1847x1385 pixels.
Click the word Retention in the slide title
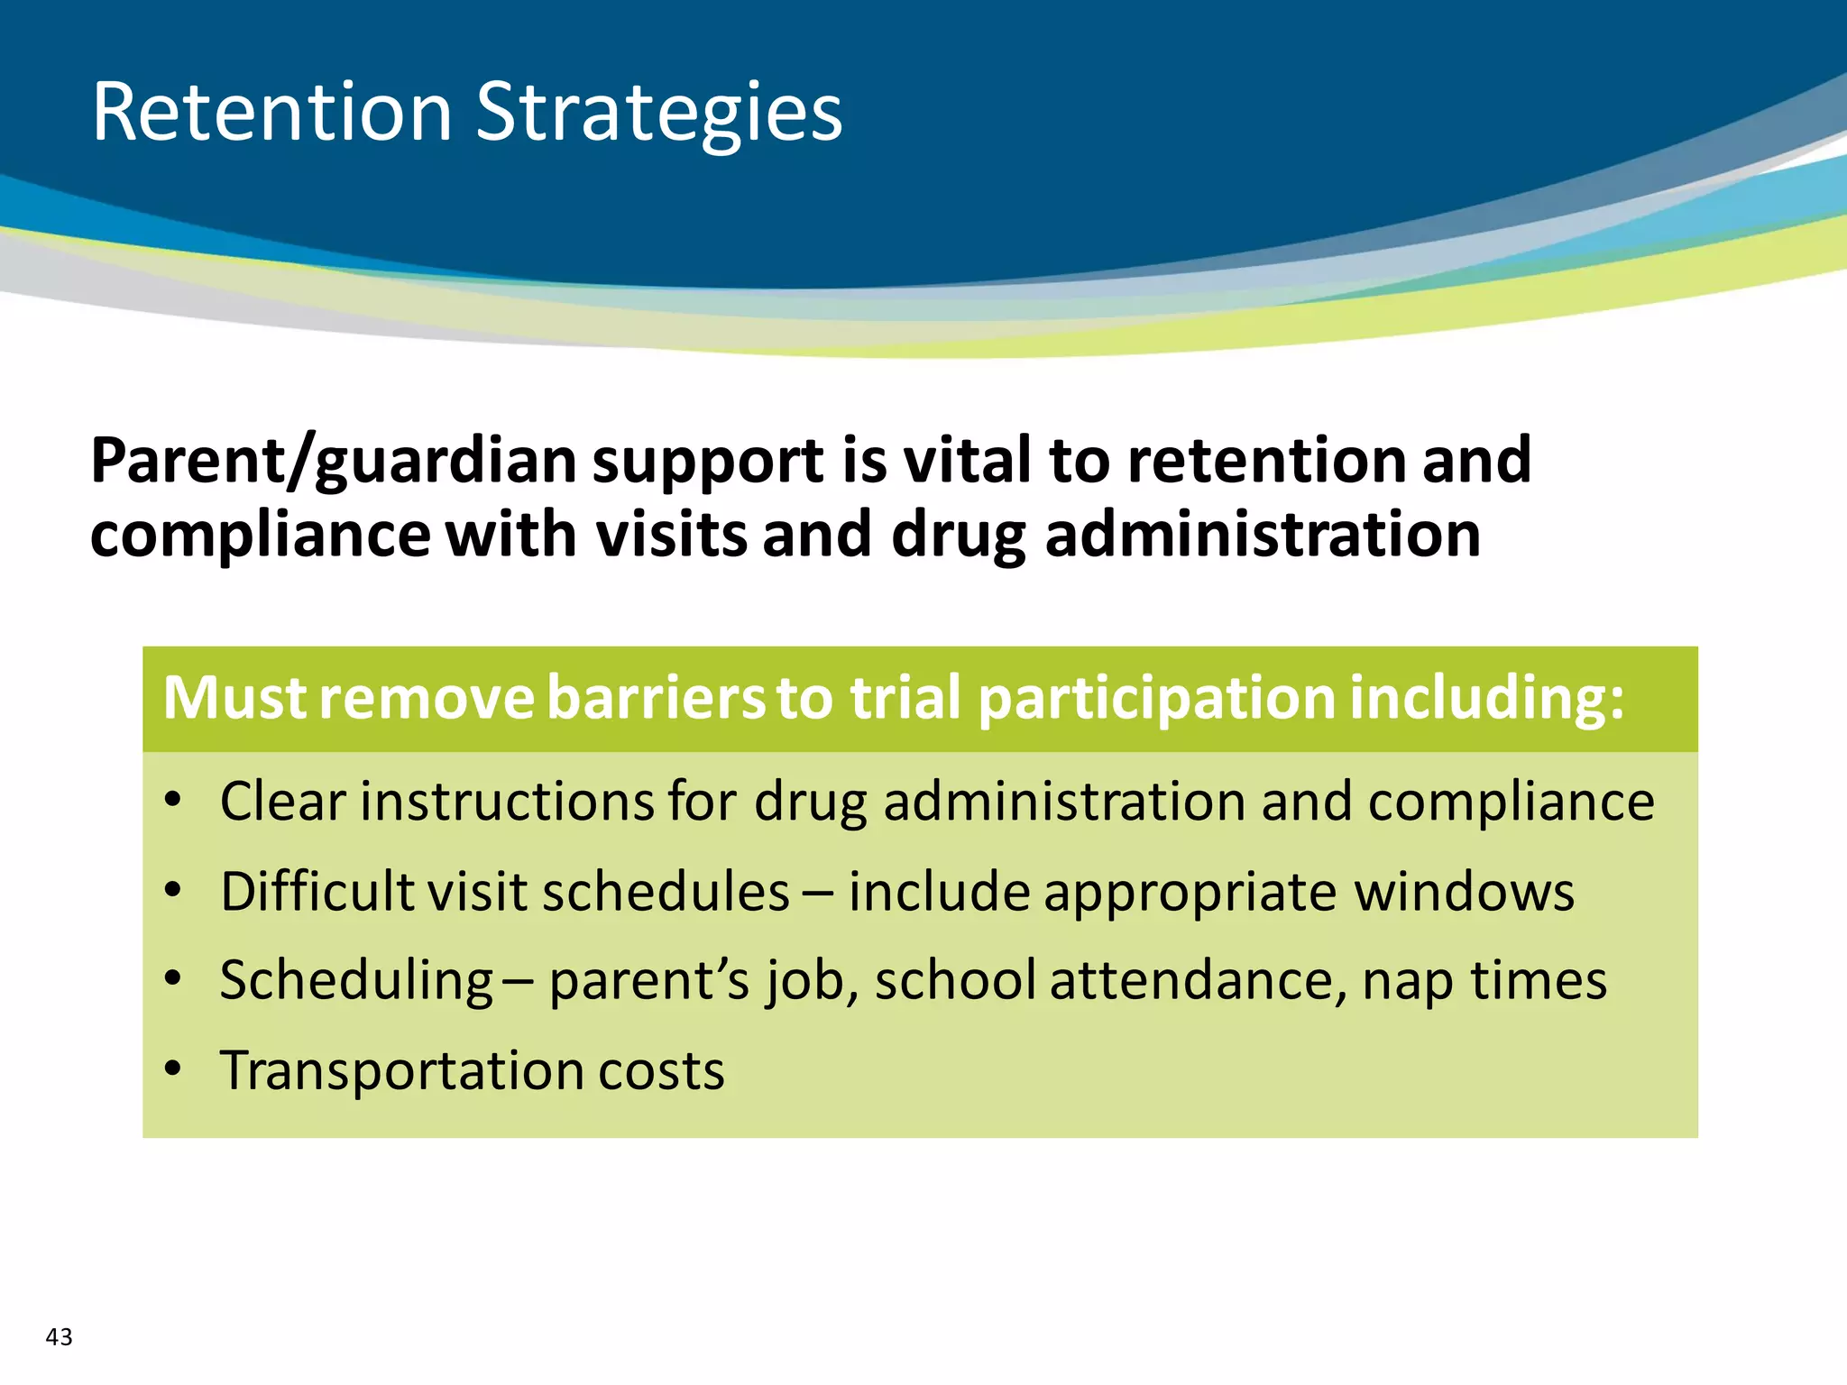click(x=271, y=113)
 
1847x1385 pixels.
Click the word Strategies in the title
click(x=658, y=113)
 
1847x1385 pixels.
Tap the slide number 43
click(x=59, y=1336)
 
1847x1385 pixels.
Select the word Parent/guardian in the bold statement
click(x=333, y=462)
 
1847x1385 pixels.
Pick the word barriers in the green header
click(x=656, y=698)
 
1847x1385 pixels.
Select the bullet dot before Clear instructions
click(x=173, y=799)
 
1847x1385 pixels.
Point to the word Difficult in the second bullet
click(x=317, y=891)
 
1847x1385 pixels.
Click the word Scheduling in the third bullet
click(x=356, y=980)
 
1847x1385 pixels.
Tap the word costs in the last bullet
click(x=661, y=1072)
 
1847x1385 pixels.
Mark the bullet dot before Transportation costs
click(x=173, y=1069)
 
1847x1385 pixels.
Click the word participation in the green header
click(x=1156, y=700)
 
